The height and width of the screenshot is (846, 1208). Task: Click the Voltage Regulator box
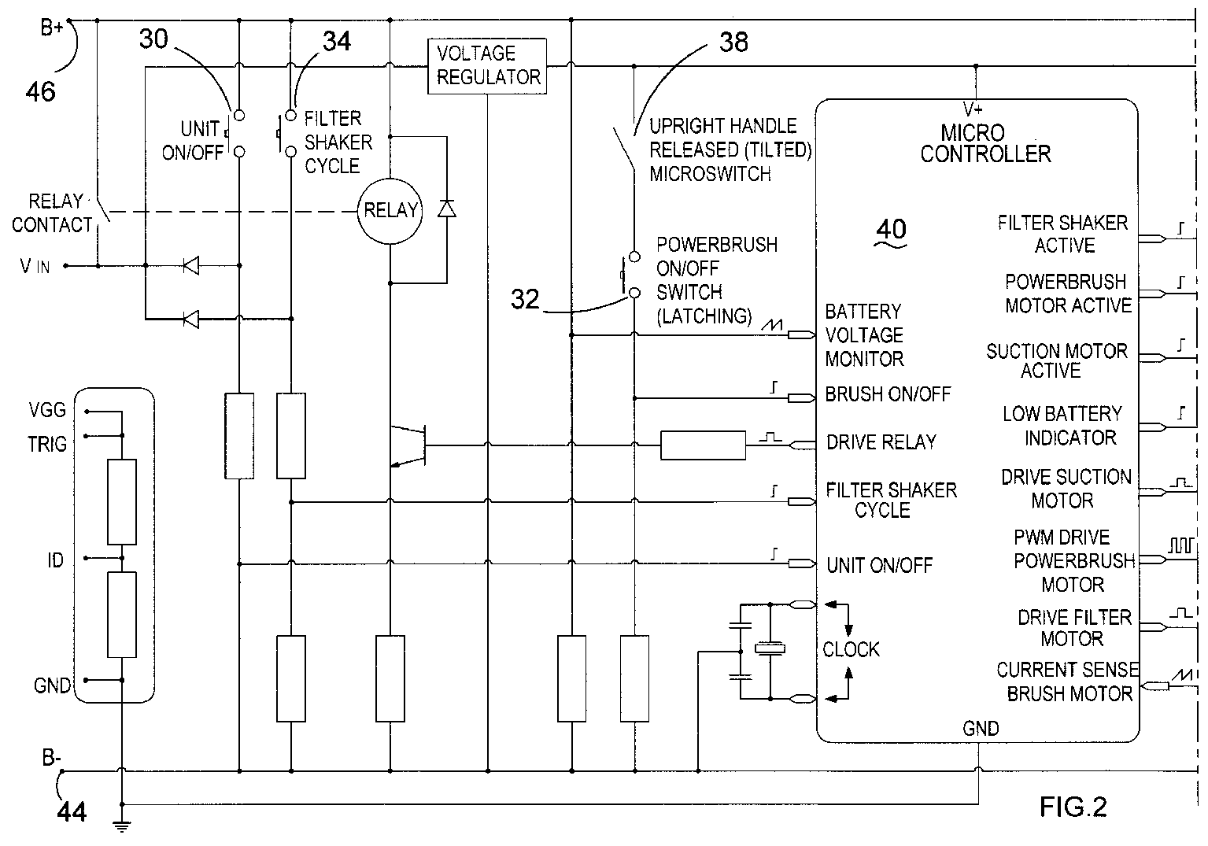(x=487, y=66)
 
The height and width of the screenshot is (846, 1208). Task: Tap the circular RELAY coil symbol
(x=390, y=211)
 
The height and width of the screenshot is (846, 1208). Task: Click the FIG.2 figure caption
(x=1073, y=807)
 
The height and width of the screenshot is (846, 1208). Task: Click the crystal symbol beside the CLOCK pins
(x=770, y=648)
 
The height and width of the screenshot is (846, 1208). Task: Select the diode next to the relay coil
(x=446, y=209)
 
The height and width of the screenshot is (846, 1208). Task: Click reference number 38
(x=733, y=42)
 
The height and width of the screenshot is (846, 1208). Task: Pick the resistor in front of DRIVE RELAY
(x=704, y=445)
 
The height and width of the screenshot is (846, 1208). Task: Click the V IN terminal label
(x=35, y=266)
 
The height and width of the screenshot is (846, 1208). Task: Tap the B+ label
(x=52, y=28)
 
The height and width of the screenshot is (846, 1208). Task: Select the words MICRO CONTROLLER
(x=985, y=143)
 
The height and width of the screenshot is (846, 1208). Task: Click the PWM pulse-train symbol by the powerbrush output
(x=1181, y=545)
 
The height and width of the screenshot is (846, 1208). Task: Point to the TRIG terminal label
(x=47, y=445)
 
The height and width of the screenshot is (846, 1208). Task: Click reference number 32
(x=525, y=299)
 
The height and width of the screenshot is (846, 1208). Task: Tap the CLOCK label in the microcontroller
(x=851, y=649)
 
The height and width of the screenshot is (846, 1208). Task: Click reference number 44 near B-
(x=71, y=812)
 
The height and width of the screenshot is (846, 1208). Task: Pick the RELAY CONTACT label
(x=53, y=213)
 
